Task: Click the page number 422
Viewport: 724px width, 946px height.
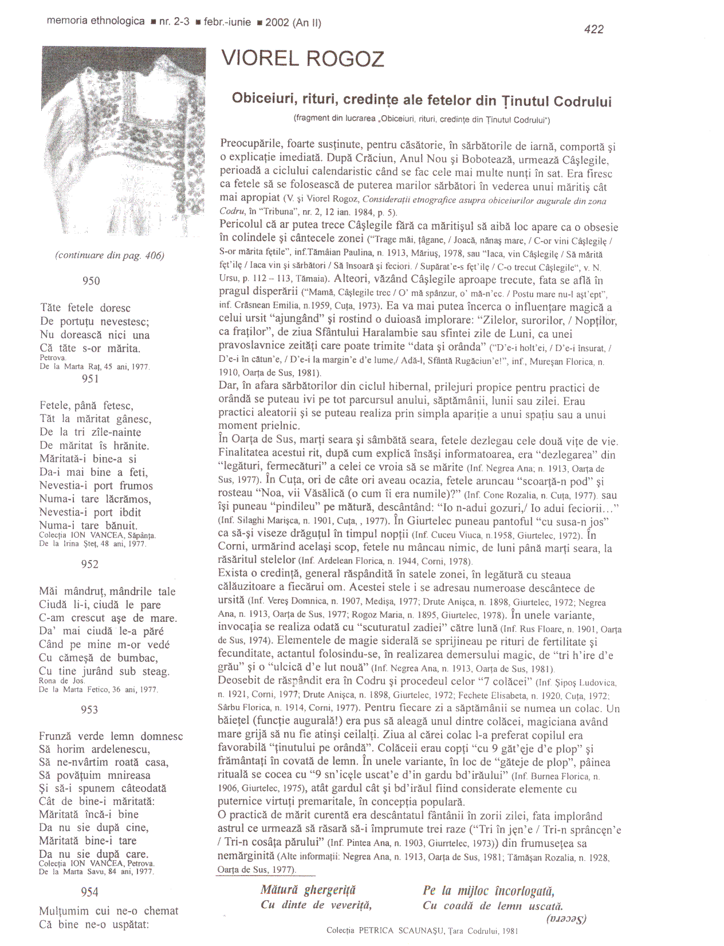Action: click(x=593, y=29)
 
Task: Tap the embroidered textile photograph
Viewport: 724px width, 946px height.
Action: click(x=123, y=141)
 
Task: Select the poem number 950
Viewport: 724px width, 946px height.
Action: click(x=91, y=281)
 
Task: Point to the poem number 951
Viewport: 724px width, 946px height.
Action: click(x=91, y=378)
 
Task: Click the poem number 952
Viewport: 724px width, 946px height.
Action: click(x=90, y=564)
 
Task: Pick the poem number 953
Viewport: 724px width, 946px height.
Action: click(x=90, y=709)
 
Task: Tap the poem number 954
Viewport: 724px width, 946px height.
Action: click(x=90, y=892)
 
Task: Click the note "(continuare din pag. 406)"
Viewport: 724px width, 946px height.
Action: click(x=109, y=255)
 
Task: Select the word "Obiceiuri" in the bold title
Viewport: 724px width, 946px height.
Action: click(x=261, y=98)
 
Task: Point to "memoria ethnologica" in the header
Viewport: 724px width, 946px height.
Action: click(x=96, y=21)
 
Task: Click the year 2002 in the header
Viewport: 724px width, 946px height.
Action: click(x=277, y=22)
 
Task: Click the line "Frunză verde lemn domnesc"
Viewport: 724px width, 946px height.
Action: click(x=111, y=736)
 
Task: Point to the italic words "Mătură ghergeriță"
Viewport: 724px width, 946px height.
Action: click(x=308, y=890)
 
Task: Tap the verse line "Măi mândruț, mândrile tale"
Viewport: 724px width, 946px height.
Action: click(x=107, y=592)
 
